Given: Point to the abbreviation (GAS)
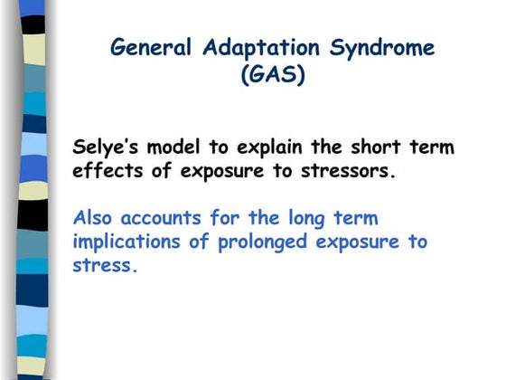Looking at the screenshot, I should point(273,75).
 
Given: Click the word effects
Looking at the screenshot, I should point(104,171).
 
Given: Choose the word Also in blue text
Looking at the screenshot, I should point(92,218).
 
